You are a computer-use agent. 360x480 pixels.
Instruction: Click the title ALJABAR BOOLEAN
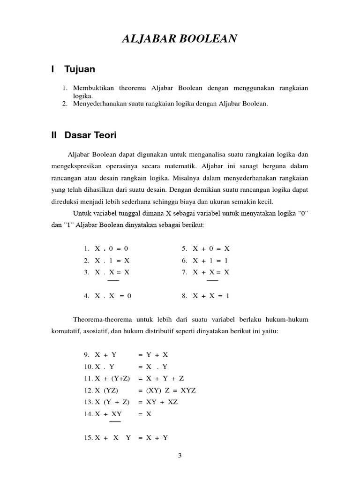coord(180,39)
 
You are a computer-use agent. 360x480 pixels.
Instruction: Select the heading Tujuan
coord(80,69)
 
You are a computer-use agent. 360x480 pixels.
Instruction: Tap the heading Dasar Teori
coord(90,135)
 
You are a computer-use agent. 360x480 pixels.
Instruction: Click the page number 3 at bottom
coord(180,455)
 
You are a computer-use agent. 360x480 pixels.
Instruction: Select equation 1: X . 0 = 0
coord(112,248)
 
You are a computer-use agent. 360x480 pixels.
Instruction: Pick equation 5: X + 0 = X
coord(211,248)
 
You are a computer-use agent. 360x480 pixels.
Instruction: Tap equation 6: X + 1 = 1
coord(211,260)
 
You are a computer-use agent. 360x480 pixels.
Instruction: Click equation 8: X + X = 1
coord(211,296)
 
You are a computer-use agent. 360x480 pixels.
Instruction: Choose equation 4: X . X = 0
coord(113,296)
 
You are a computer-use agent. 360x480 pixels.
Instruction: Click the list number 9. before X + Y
coord(87,355)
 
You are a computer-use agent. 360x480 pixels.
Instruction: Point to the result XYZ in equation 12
coord(187,390)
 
